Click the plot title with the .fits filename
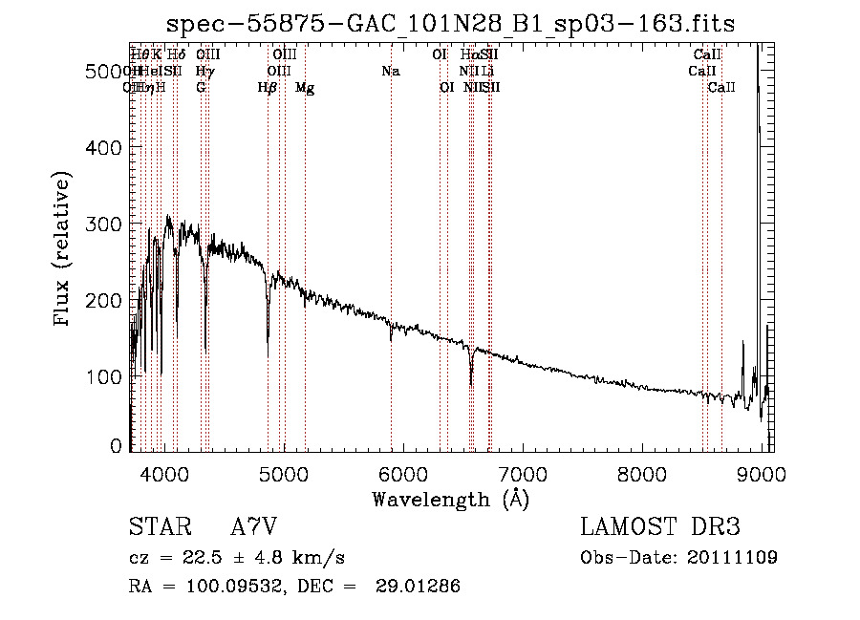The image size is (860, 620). pos(450,23)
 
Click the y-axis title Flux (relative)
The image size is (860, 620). pos(63,250)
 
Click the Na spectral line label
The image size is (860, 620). pos(390,72)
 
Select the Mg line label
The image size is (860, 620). pos(305,88)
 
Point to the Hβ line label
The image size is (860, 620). pos(268,88)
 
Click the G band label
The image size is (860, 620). pos(201,88)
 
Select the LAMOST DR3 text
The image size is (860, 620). pos(660,527)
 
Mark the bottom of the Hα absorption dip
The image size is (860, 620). pos(471,384)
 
